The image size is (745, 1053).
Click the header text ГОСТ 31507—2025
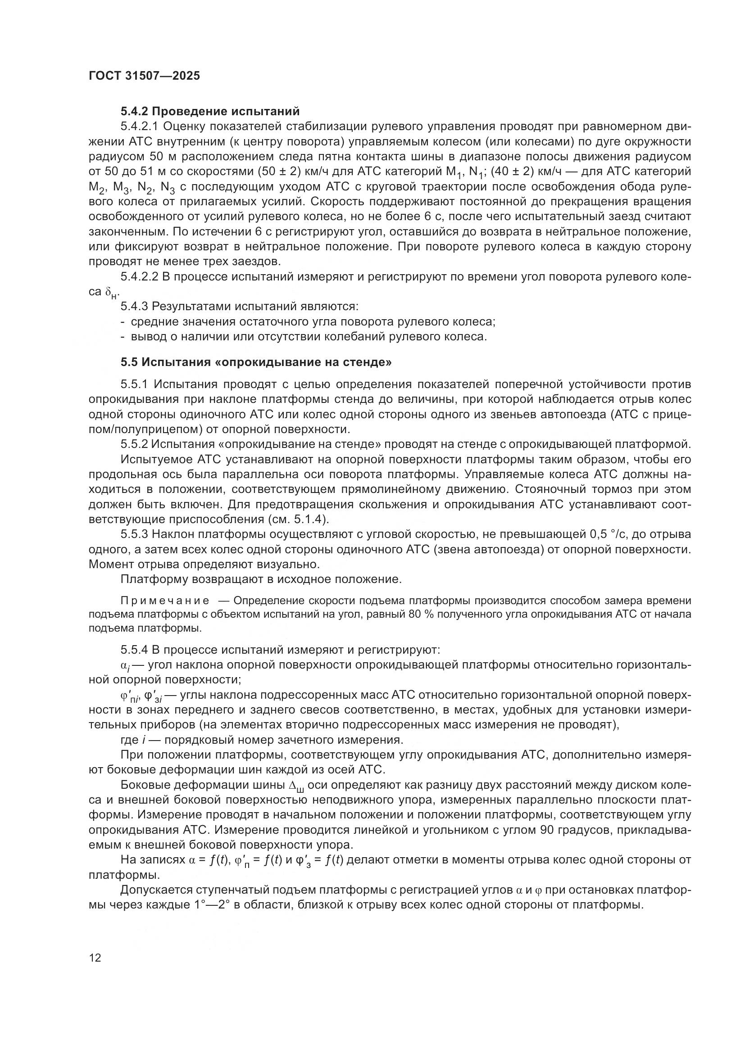click(x=145, y=76)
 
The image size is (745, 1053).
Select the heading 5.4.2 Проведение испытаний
click(x=210, y=111)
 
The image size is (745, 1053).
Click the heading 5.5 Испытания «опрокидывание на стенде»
click(x=256, y=362)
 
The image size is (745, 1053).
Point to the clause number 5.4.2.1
click(x=139, y=126)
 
